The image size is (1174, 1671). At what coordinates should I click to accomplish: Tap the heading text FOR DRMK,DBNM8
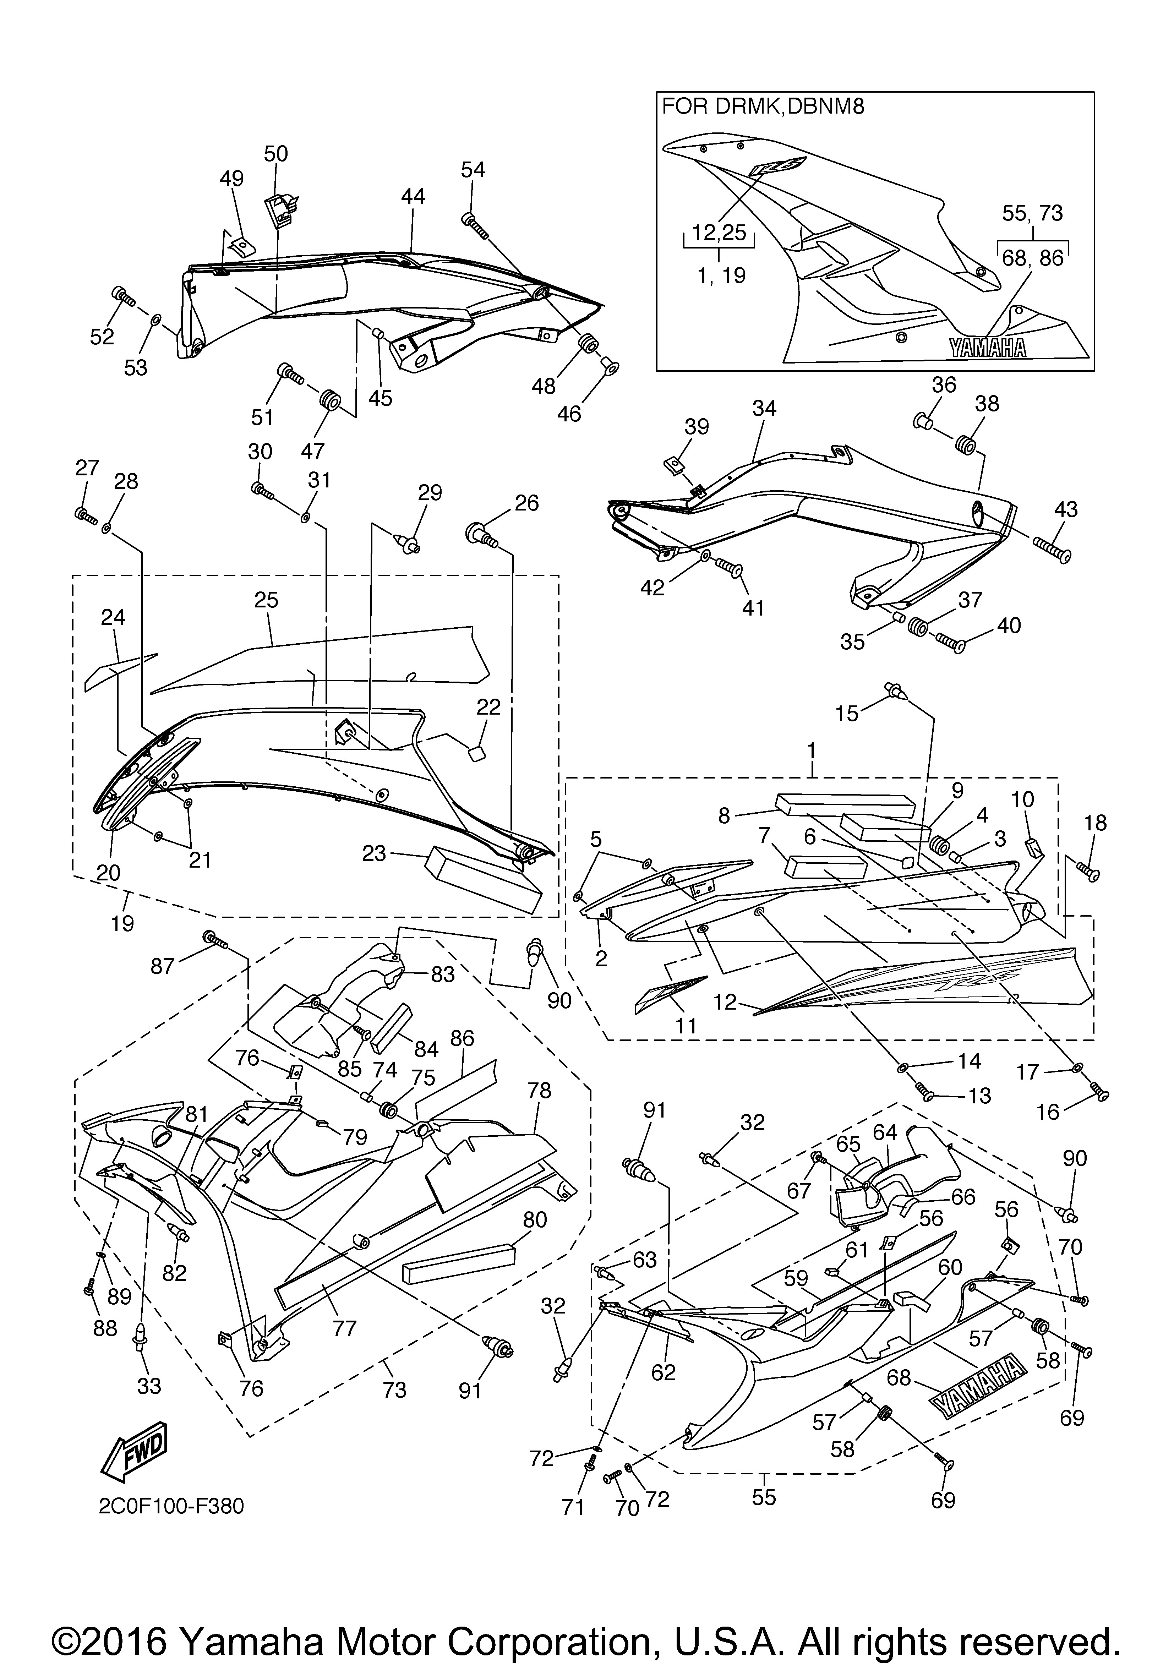[x=762, y=107]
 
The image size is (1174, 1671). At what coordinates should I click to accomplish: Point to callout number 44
[x=413, y=197]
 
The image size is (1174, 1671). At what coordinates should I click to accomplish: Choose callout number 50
[x=276, y=154]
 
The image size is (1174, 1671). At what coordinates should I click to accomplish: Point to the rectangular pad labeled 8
[x=844, y=805]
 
